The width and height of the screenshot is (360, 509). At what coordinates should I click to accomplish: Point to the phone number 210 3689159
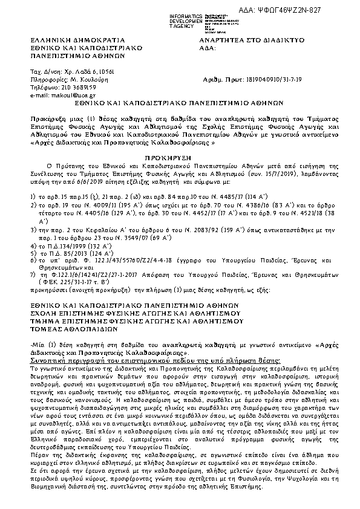click(66, 87)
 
